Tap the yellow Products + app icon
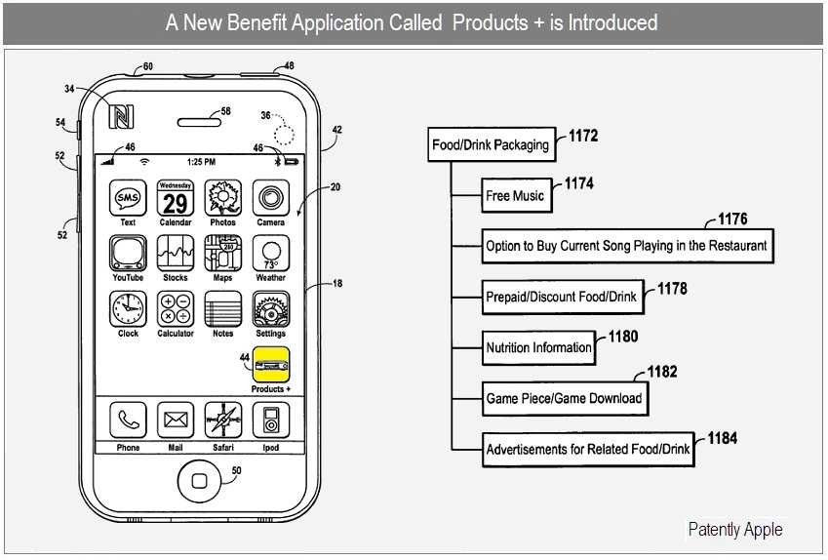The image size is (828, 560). (x=271, y=366)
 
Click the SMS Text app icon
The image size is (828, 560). (x=128, y=198)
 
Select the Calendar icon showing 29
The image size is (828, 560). (x=176, y=198)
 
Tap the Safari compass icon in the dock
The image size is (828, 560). (x=223, y=421)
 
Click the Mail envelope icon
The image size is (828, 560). (x=176, y=421)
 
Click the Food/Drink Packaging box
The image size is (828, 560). (x=492, y=145)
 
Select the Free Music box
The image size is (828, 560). (x=515, y=196)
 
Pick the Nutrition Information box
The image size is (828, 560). (x=538, y=347)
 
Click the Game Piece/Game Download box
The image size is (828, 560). (x=564, y=398)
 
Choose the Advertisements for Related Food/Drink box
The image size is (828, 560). (x=588, y=450)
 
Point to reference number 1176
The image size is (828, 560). (x=732, y=219)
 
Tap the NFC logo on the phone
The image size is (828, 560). (x=122, y=116)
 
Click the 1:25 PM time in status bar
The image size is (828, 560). (x=201, y=161)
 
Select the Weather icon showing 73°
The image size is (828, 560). (x=270, y=255)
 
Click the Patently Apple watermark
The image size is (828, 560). (x=735, y=530)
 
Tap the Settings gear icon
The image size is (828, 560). (x=270, y=310)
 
